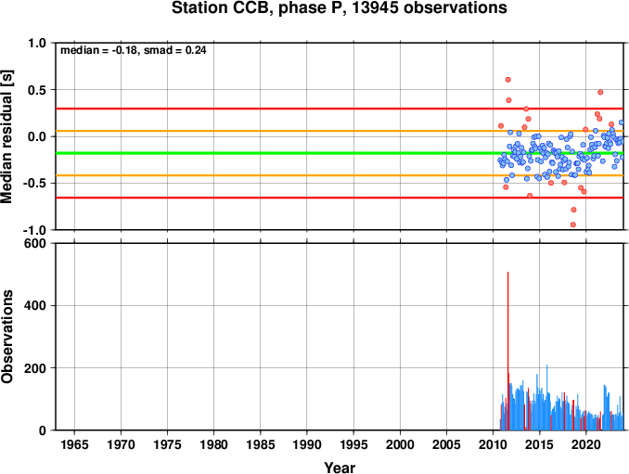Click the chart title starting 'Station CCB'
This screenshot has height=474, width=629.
click(339, 8)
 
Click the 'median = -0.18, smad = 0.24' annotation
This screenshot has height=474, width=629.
click(134, 50)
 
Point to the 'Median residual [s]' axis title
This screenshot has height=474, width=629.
click(6, 136)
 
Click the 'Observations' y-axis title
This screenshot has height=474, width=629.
click(6, 337)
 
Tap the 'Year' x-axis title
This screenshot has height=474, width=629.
click(340, 468)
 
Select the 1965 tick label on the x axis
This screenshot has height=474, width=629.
click(74, 444)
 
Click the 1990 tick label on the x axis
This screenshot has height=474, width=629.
click(307, 444)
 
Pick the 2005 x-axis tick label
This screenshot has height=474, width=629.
click(446, 444)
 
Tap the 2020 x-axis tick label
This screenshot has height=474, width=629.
click(586, 444)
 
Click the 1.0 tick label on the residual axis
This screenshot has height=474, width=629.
click(37, 44)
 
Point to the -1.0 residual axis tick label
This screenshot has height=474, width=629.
click(34, 230)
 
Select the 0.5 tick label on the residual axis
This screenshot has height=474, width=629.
click(37, 90)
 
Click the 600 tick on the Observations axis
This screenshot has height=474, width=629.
click(35, 243)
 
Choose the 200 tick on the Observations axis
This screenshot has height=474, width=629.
click(35, 367)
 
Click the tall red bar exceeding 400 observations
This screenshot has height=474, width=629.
click(507, 351)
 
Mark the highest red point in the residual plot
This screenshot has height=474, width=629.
click(507, 80)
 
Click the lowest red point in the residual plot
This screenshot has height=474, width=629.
click(573, 224)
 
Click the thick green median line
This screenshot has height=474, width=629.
click(340, 153)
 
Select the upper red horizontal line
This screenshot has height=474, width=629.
click(340, 109)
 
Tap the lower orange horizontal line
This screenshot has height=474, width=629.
click(340, 175)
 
